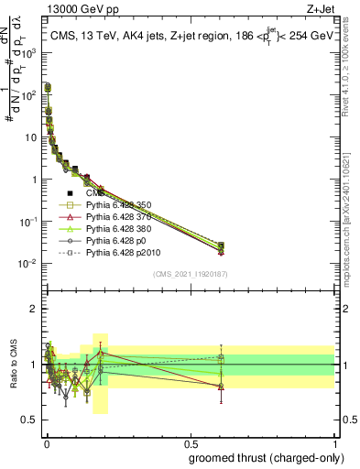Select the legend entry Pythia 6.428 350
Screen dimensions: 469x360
click(117, 204)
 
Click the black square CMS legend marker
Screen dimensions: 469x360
click(70, 193)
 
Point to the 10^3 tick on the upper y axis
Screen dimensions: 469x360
click(31, 52)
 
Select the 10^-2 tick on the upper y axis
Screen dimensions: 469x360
click(30, 264)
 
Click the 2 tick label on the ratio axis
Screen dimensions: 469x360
click(34, 309)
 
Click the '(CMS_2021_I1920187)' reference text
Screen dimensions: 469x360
click(191, 274)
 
